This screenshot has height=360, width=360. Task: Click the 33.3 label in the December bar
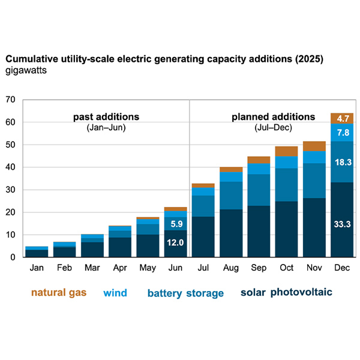341,224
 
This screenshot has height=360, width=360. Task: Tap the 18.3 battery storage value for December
341,163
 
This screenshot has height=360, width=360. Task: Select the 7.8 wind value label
341,133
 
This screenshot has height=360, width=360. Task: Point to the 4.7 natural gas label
341,118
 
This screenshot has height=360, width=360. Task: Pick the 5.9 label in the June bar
176,224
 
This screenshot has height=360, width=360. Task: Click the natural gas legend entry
58,293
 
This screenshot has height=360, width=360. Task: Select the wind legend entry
115,293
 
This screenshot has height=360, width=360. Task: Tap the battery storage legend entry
185,293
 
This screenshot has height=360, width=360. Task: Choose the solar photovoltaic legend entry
286,293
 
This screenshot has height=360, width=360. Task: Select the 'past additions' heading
106,116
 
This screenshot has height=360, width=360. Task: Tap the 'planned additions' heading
273,116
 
